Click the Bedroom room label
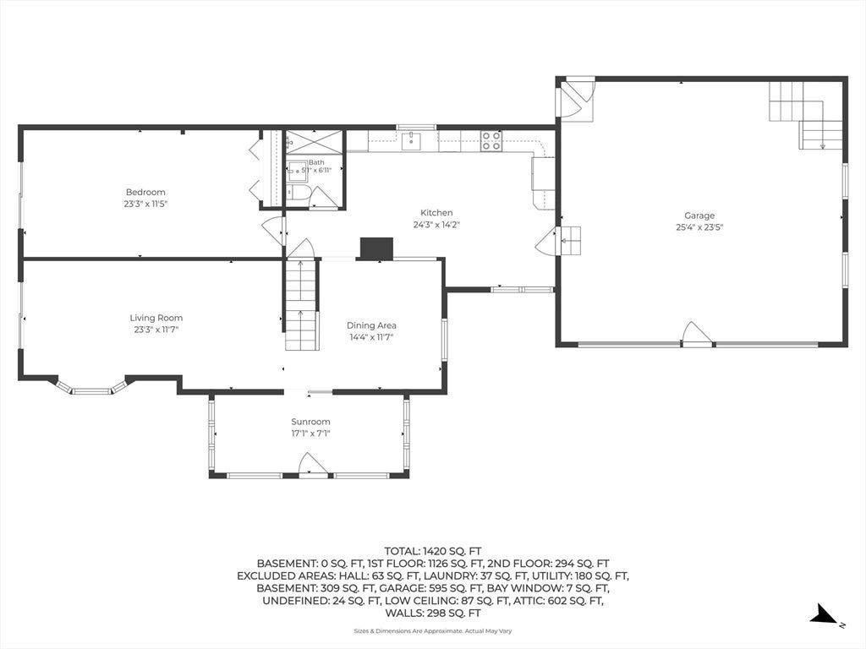145,192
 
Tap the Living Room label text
156,318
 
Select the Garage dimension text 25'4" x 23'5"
699,226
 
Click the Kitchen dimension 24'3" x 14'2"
436,225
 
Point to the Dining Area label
371,325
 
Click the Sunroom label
310,422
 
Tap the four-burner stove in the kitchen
491,141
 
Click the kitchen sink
412,141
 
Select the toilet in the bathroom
297,193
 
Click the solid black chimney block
376,248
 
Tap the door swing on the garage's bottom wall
698,333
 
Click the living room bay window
92,387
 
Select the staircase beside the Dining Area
302,304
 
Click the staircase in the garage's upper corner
806,115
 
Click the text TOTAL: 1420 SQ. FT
432,551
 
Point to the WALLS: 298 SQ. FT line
432,614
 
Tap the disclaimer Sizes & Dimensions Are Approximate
408,630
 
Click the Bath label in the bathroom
316,162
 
